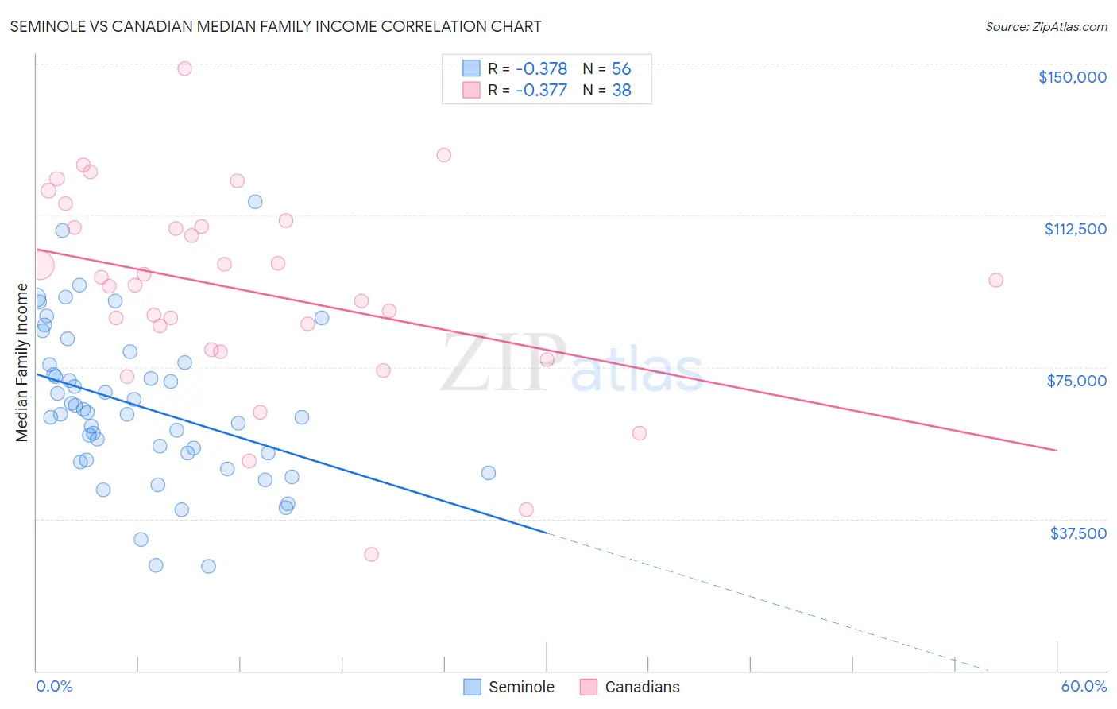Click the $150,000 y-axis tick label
[x=1072, y=77]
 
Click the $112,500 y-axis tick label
[x=1075, y=229]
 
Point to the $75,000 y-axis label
[x=1076, y=381]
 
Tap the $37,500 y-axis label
[x=1078, y=533]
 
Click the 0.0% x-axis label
[x=54, y=686]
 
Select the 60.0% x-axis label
[x=1084, y=686]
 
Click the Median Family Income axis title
[x=21, y=362]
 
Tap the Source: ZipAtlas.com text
[x=1045, y=26]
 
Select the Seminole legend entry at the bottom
[x=508, y=687]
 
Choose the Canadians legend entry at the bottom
[x=630, y=687]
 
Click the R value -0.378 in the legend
[x=541, y=68]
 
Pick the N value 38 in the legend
[x=621, y=91]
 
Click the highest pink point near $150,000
[x=184, y=68]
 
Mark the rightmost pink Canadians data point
[x=995, y=280]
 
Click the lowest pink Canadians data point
[x=371, y=554]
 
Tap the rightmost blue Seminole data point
[x=489, y=473]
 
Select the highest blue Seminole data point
[x=255, y=202]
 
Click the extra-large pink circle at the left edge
[x=39, y=265]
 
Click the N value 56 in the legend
[x=621, y=68]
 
